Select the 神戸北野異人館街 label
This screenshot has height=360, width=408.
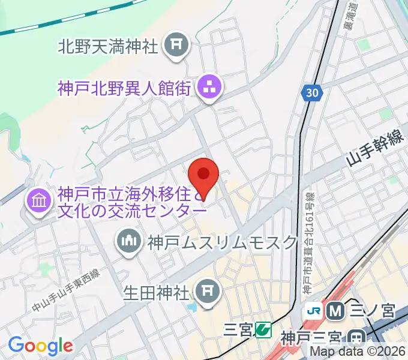(x=124, y=89)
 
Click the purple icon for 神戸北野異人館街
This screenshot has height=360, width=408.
(x=209, y=89)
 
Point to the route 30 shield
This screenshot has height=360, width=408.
(x=312, y=93)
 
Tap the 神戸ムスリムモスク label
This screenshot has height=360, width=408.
(x=222, y=242)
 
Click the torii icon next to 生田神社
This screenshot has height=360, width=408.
(x=207, y=292)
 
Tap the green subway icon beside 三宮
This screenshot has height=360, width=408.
(x=262, y=329)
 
